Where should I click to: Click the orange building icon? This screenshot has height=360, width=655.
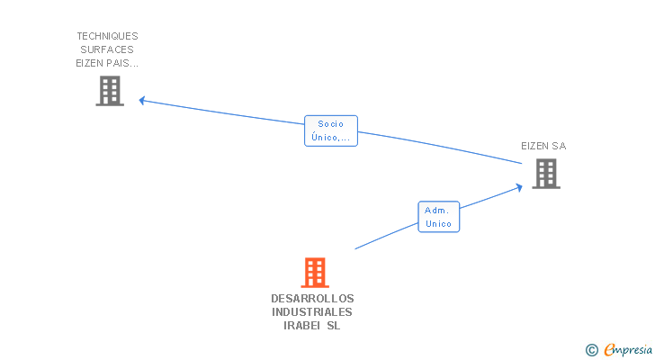314,272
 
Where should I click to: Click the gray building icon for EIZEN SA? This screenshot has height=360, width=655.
545,174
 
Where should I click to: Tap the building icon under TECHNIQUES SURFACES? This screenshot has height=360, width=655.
110,91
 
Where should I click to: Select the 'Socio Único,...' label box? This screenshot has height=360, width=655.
331,130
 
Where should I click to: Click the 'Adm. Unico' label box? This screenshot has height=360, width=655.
438,217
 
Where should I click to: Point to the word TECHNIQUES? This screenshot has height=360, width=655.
107,36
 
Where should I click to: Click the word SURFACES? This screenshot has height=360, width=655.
107,49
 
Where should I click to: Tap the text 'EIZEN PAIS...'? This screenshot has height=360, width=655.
107,64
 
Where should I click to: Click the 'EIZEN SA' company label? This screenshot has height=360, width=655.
543,146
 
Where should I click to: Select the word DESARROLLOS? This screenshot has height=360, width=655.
312,298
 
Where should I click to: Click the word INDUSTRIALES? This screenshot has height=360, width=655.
312,312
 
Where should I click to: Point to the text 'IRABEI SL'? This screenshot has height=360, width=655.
312,327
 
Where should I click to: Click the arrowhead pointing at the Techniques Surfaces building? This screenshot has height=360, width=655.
142,100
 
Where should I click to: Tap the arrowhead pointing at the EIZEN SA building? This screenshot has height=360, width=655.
518,186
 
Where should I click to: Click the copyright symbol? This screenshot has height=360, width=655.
591,350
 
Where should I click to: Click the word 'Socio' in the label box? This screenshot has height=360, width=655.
331,124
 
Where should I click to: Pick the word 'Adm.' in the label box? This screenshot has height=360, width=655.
438,210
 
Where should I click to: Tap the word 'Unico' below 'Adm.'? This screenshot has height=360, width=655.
438,224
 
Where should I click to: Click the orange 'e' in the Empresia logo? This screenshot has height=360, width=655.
608,350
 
